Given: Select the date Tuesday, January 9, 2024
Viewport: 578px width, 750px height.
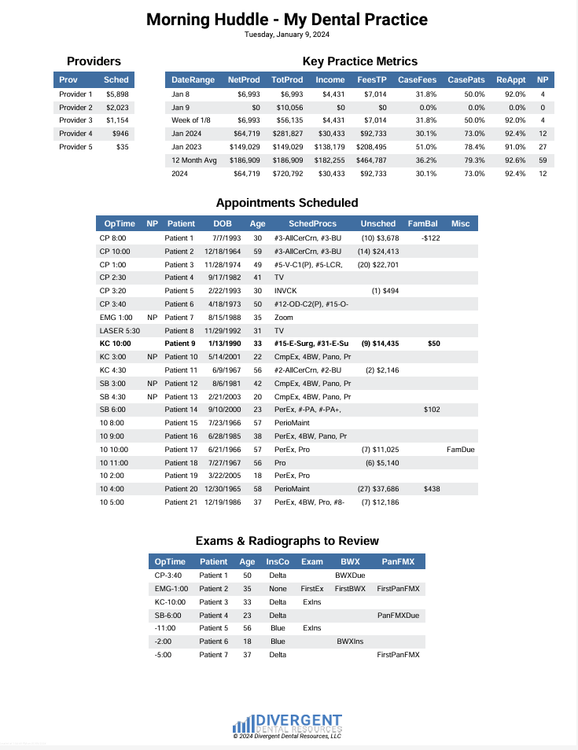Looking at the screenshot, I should tap(287, 34).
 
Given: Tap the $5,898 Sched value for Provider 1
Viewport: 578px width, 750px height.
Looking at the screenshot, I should tap(117, 94).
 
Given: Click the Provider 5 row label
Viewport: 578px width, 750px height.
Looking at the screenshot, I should tap(75, 147).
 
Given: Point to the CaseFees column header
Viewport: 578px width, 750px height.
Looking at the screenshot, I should tap(417, 80).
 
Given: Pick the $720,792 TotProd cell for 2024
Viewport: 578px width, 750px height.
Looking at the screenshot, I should tap(287, 174).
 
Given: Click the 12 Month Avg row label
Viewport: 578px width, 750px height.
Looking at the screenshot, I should tap(193, 160).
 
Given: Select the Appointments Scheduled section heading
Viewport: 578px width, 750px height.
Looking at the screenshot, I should tap(287, 203).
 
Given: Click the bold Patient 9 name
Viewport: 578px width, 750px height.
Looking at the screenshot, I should tap(179, 344).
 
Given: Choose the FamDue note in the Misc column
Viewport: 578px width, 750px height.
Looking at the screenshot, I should tap(460, 450).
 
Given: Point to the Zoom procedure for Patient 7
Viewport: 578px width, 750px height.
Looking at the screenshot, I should tap(284, 317).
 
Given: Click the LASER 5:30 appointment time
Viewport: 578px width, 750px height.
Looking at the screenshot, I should tap(120, 330).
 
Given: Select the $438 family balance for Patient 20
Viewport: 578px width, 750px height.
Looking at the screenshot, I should tap(432, 489).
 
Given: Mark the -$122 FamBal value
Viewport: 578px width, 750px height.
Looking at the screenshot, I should tap(431, 237).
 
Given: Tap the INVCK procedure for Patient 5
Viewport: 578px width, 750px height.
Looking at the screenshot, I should tap(285, 290).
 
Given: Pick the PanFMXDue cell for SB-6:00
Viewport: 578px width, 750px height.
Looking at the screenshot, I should tap(398, 615).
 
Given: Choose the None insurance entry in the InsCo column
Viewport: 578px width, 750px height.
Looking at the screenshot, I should tap(277, 588).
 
